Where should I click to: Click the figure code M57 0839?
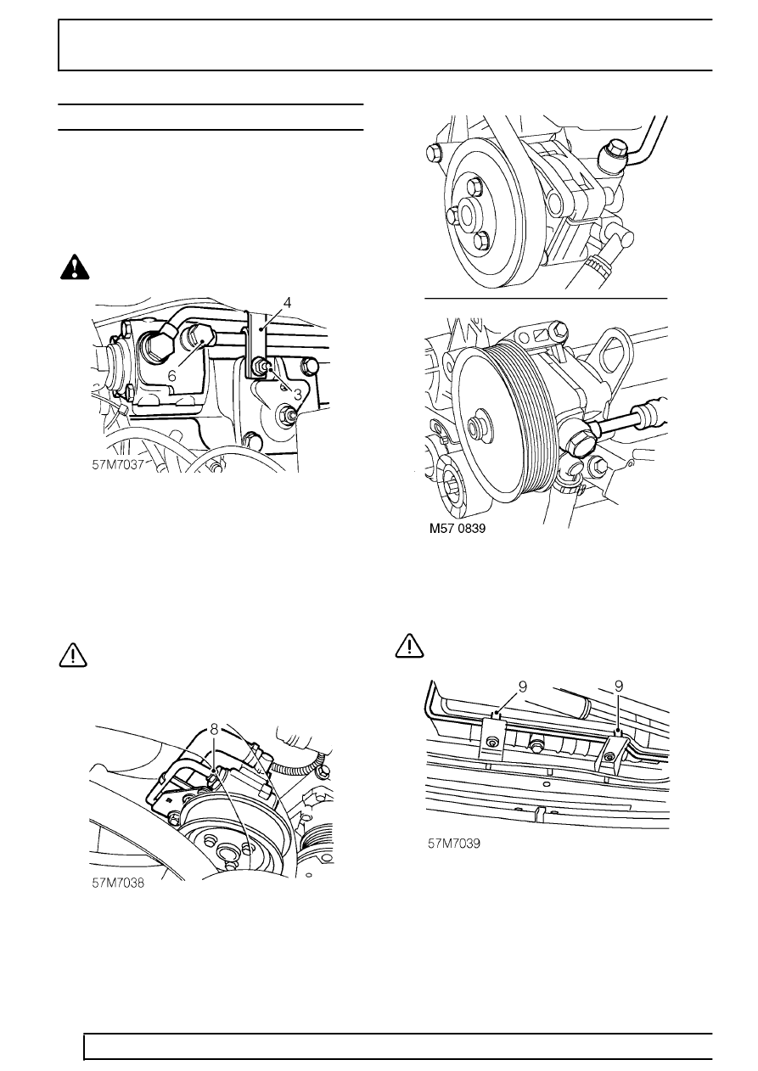(459, 527)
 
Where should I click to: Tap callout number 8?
(215, 728)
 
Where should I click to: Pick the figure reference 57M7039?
(455, 844)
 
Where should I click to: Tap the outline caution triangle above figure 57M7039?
(409, 647)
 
